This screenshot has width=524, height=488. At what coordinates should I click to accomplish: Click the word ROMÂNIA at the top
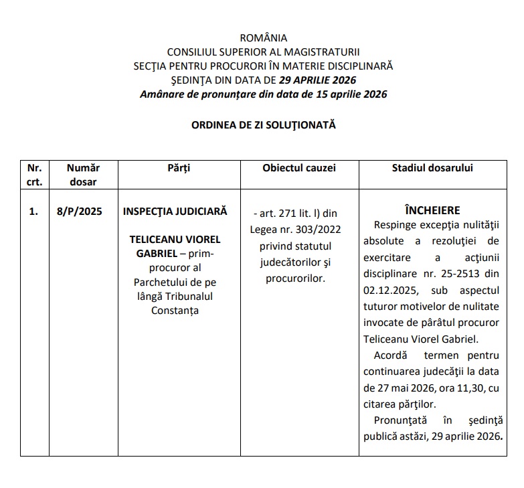(263, 37)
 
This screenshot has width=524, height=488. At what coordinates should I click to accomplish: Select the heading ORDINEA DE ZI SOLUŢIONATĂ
(263, 125)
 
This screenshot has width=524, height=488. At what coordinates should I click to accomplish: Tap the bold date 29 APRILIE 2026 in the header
(318, 80)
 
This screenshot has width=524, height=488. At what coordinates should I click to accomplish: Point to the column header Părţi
(179, 168)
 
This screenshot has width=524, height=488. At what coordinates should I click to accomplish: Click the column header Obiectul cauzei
(299, 168)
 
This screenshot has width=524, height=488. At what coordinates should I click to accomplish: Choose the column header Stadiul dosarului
(432, 168)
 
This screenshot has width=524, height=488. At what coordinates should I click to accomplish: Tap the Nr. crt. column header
(35, 174)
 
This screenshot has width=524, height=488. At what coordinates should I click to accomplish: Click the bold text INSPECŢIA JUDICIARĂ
(175, 211)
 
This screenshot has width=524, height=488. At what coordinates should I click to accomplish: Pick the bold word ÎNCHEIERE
(432, 210)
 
